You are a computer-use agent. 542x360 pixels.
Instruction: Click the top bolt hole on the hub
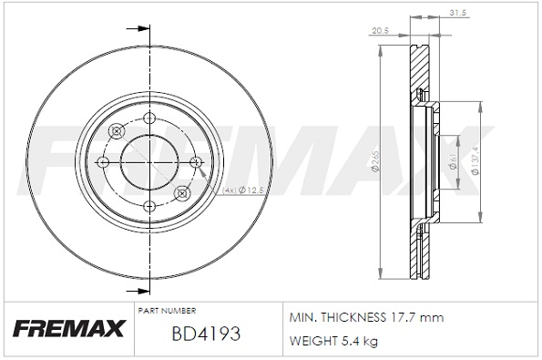[x=148, y=118]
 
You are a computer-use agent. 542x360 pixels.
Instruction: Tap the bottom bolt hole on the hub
[x=148, y=205]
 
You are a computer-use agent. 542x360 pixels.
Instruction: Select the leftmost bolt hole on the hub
[x=104, y=161]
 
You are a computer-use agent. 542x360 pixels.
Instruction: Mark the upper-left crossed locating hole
[x=116, y=130]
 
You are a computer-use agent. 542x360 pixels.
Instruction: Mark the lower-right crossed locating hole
[x=180, y=192]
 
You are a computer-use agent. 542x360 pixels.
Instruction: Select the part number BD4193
[x=205, y=334]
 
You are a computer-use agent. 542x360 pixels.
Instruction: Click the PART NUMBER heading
[x=168, y=311]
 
